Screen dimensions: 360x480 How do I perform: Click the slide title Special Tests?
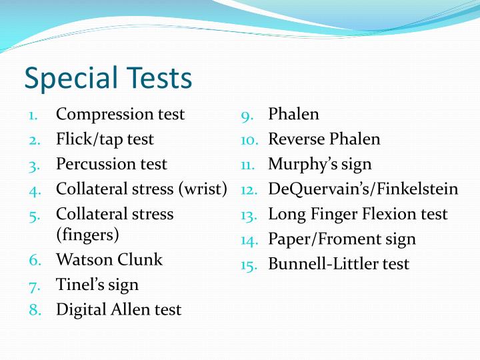(x=108, y=78)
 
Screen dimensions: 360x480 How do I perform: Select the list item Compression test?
(x=120, y=114)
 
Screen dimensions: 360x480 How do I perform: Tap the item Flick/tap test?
(x=105, y=139)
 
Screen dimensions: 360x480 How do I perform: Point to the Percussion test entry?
(x=111, y=164)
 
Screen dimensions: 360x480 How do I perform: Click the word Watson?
(x=80, y=259)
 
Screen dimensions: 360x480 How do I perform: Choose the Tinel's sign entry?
(x=97, y=285)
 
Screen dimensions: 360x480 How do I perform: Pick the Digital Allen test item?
(x=119, y=309)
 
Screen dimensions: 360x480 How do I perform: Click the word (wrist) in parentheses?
(x=203, y=189)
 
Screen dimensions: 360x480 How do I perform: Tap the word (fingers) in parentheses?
(x=87, y=235)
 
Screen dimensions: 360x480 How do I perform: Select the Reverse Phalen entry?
(x=324, y=139)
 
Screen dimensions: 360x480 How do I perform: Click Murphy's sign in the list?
(x=320, y=164)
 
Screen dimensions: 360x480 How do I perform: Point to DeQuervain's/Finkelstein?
(x=363, y=189)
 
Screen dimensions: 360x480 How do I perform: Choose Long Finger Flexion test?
(x=358, y=214)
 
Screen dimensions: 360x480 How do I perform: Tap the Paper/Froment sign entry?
(x=342, y=239)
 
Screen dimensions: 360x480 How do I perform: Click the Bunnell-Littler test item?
(x=339, y=264)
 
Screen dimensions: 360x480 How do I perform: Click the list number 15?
(x=249, y=265)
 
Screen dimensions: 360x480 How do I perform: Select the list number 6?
(x=35, y=260)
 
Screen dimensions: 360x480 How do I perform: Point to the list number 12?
(x=249, y=190)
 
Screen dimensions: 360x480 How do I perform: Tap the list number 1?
(x=33, y=115)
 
